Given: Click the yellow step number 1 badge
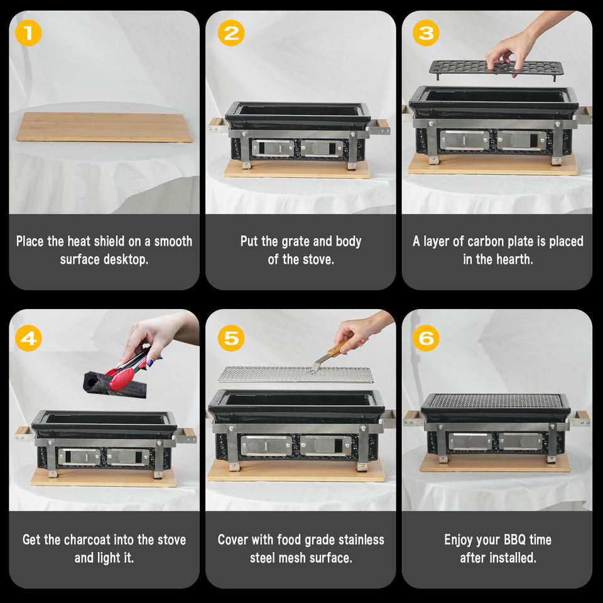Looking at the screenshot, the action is click(x=28, y=33).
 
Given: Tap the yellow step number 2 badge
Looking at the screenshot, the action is click(x=231, y=33).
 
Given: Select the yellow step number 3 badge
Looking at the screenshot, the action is click(x=426, y=33).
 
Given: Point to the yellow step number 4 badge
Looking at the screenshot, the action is click(x=28, y=339).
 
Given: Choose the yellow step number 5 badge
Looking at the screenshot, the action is click(x=231, y=339).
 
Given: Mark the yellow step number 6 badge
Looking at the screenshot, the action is click(x=426, y=339).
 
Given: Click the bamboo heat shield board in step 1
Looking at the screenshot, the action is click(x=104, y=127).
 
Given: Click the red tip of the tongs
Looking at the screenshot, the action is click(x=122, y=379).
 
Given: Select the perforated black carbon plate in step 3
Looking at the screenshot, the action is click(x=496, y=68).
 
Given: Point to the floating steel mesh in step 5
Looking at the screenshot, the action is click(x=296, y=374).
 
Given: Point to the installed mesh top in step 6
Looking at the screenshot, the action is click(x=496, y=401).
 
